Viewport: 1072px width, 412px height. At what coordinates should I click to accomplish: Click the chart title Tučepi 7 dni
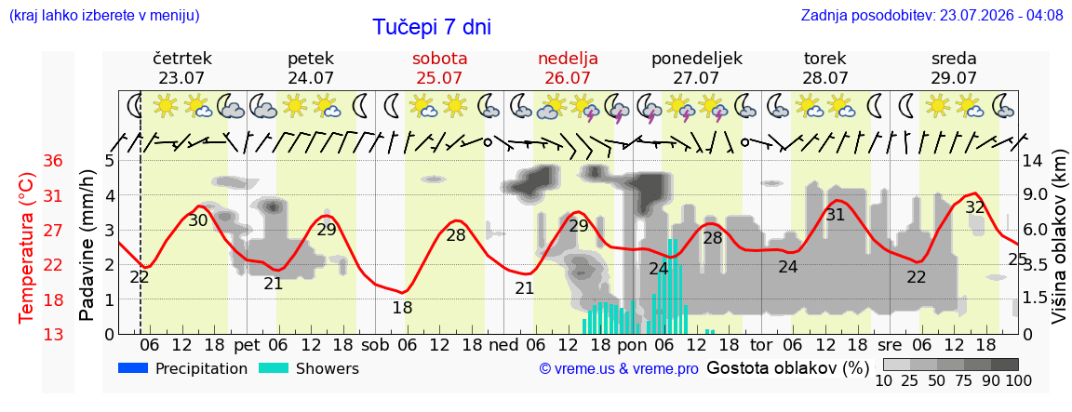(432, 27)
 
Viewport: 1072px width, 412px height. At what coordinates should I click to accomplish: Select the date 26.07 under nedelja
(568, 78)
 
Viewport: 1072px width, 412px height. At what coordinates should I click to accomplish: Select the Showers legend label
(328, 369)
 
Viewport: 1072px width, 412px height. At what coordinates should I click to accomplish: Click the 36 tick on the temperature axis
(53, 161)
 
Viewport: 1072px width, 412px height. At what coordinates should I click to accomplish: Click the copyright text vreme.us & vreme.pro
(619, 369)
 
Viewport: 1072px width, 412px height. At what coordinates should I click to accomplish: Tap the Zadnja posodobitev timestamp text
(931, 14)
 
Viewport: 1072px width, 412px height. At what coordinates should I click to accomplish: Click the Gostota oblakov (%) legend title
(787, 368)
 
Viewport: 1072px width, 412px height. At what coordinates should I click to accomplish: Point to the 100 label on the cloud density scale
(1018, 380)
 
